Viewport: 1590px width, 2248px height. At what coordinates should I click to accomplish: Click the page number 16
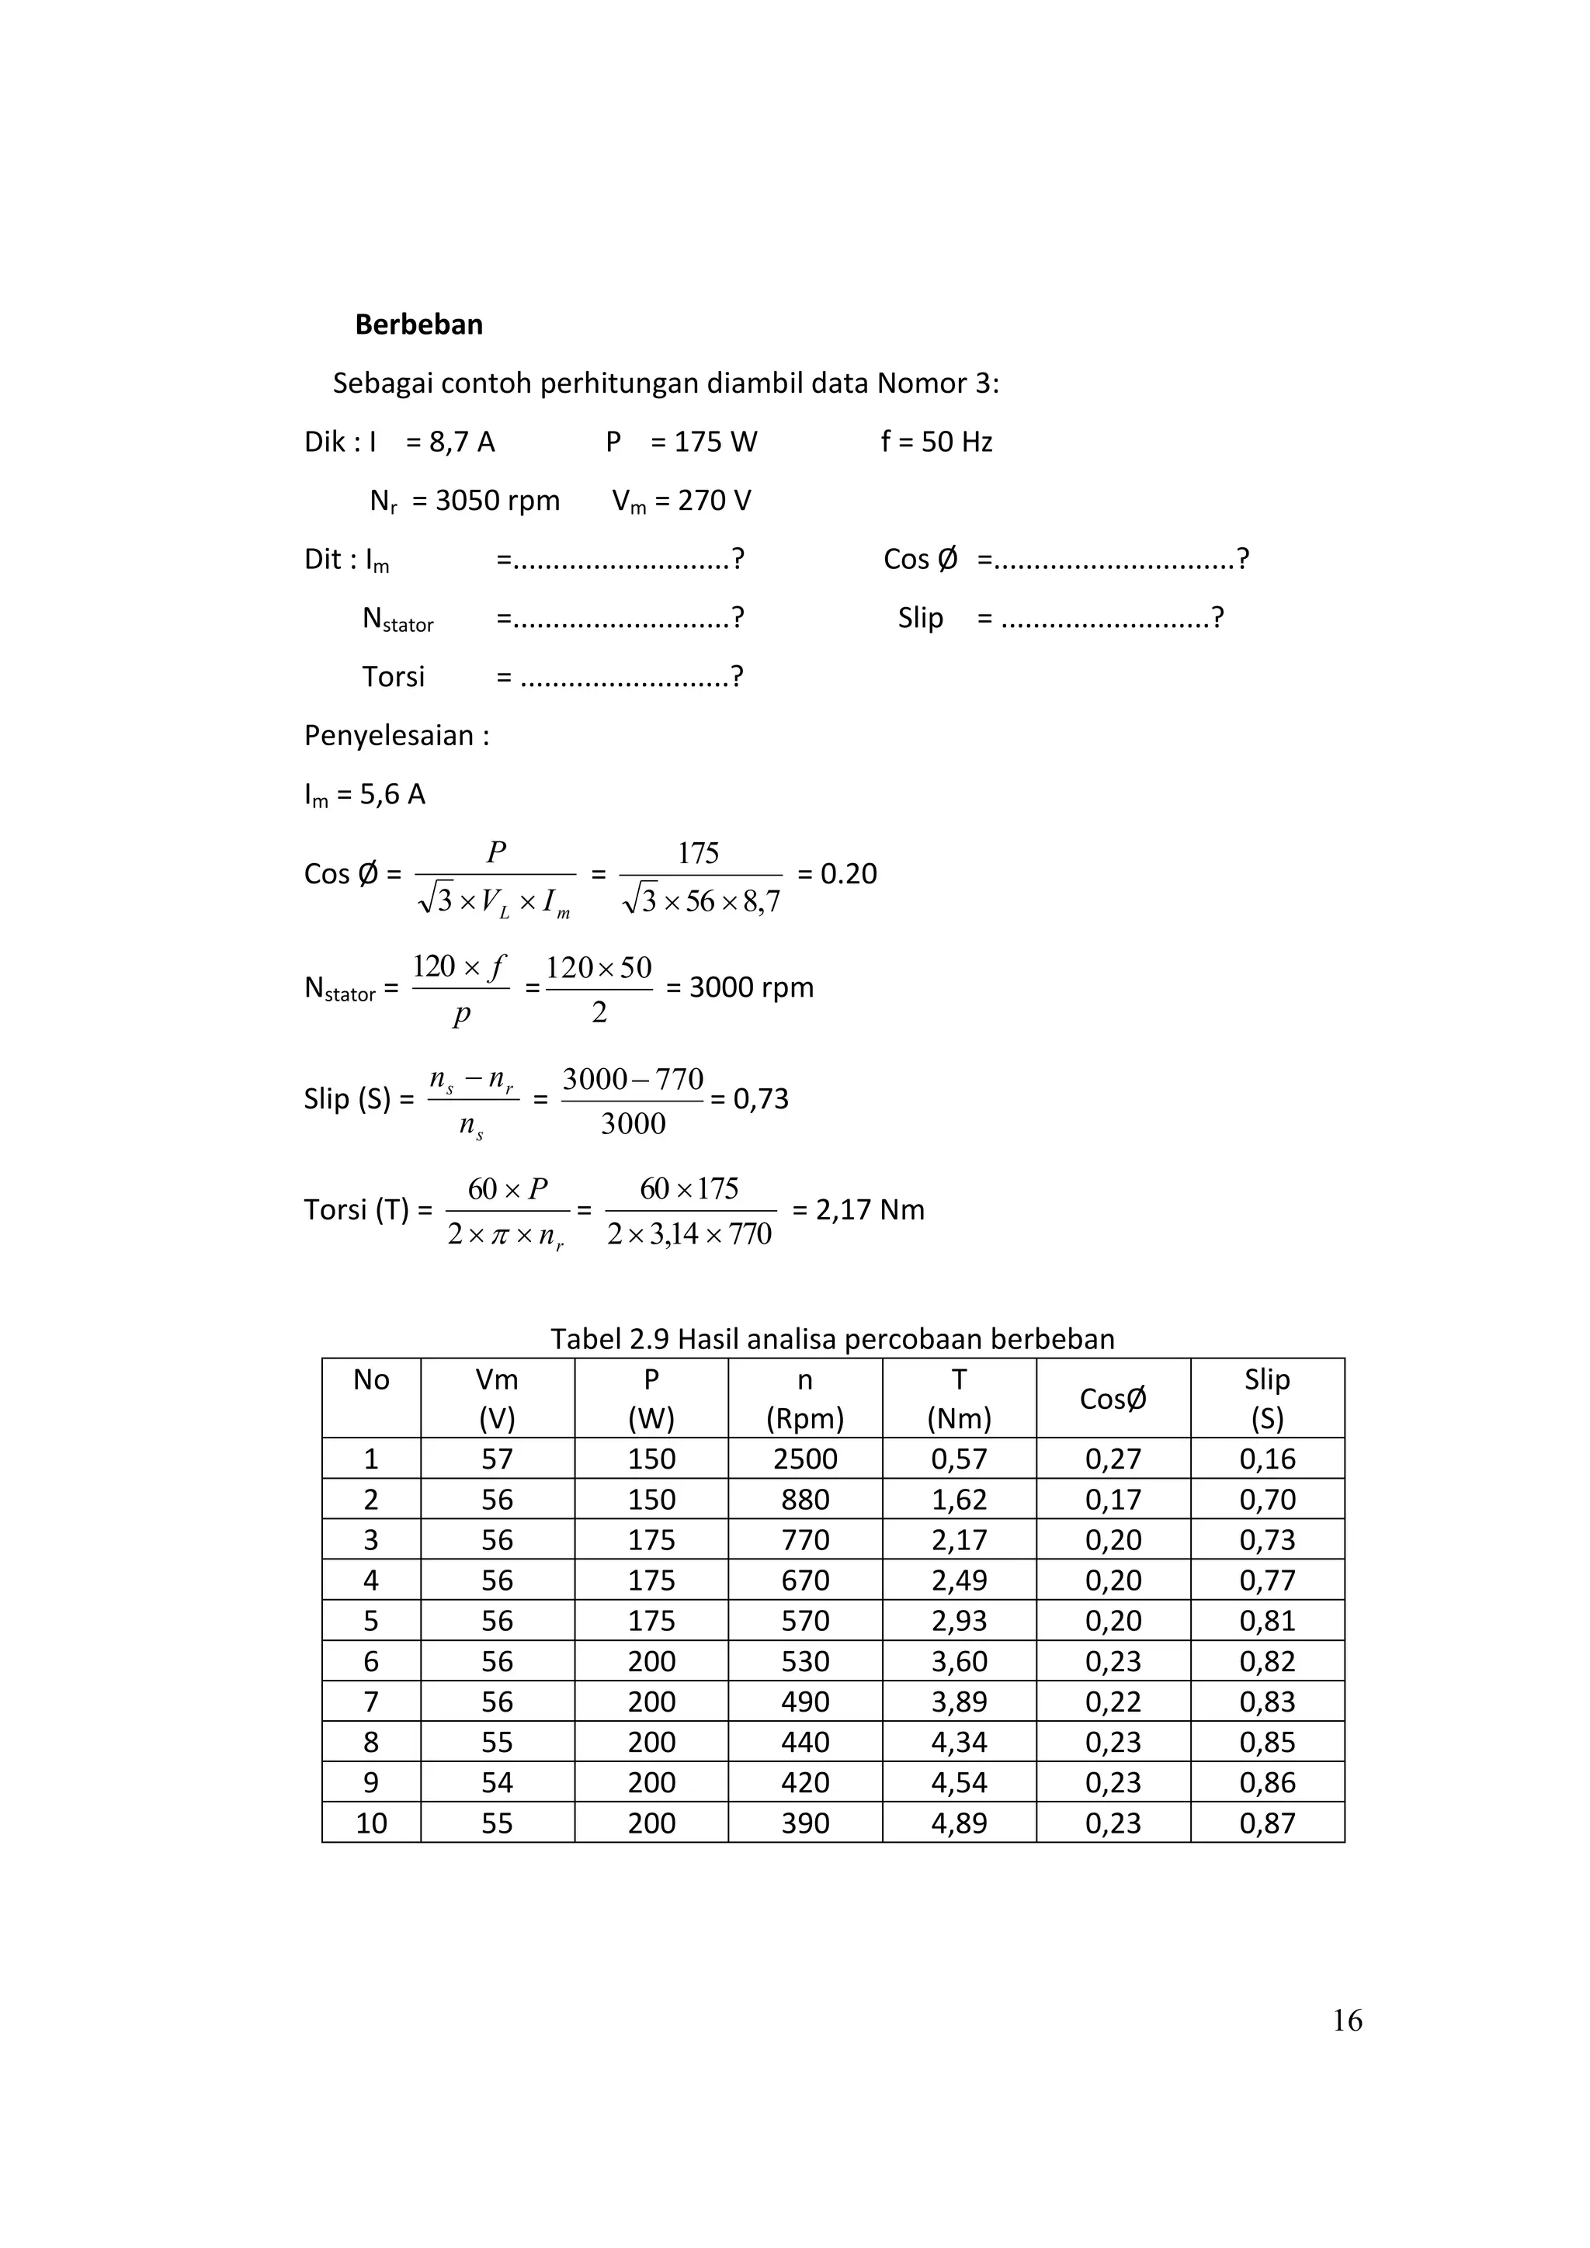tap(1347, 2020)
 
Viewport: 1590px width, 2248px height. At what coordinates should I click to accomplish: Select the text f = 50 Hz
tap(936, 442)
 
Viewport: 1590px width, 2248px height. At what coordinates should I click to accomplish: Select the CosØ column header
tap(1113, 1399)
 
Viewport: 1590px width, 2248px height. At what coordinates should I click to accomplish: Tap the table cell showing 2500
tap(805, 1459)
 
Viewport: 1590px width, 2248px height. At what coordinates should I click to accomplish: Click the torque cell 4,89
tap(959, 1823)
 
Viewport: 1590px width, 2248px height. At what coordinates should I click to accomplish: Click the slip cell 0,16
tap(1267, 1459)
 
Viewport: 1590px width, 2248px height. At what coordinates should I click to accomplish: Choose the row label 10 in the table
tap(371, 1823)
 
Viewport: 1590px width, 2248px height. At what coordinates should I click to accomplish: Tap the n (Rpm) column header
tap(805, 1399)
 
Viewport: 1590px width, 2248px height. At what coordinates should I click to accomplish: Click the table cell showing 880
tap(805, 1500)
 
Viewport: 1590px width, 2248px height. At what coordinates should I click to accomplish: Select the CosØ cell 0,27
tap(1113, 1459)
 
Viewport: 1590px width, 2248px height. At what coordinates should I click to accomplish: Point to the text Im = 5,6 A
tap(364, 794)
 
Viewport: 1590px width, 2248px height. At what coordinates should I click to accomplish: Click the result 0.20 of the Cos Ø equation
tap(848, 873)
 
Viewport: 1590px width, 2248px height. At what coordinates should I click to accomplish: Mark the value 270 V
tap(702, 501)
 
